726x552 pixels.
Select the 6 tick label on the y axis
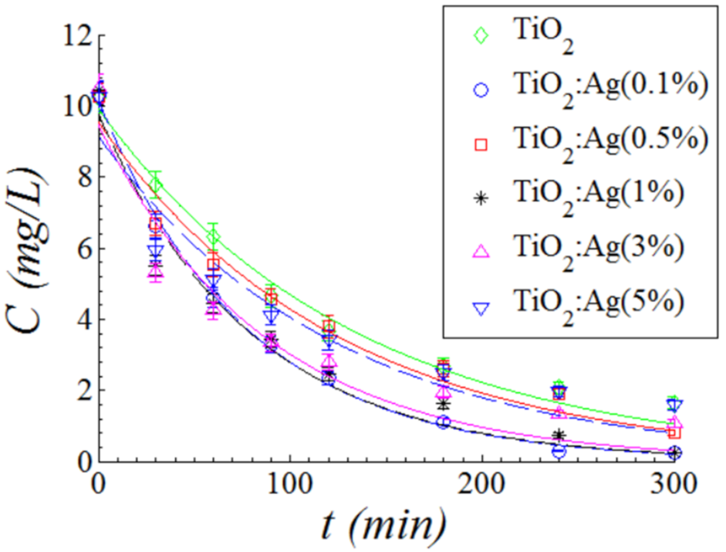click(76, 249)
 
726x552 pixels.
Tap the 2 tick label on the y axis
click(76, 391)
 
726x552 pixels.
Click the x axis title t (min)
click(384, 527)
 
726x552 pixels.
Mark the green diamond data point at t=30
click(156, 184)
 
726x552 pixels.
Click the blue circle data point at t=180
click(443, 422)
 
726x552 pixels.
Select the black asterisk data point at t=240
click(559, 435)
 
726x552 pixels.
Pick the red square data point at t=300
click(674, 433)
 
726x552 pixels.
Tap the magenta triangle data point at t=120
click(329, 361)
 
